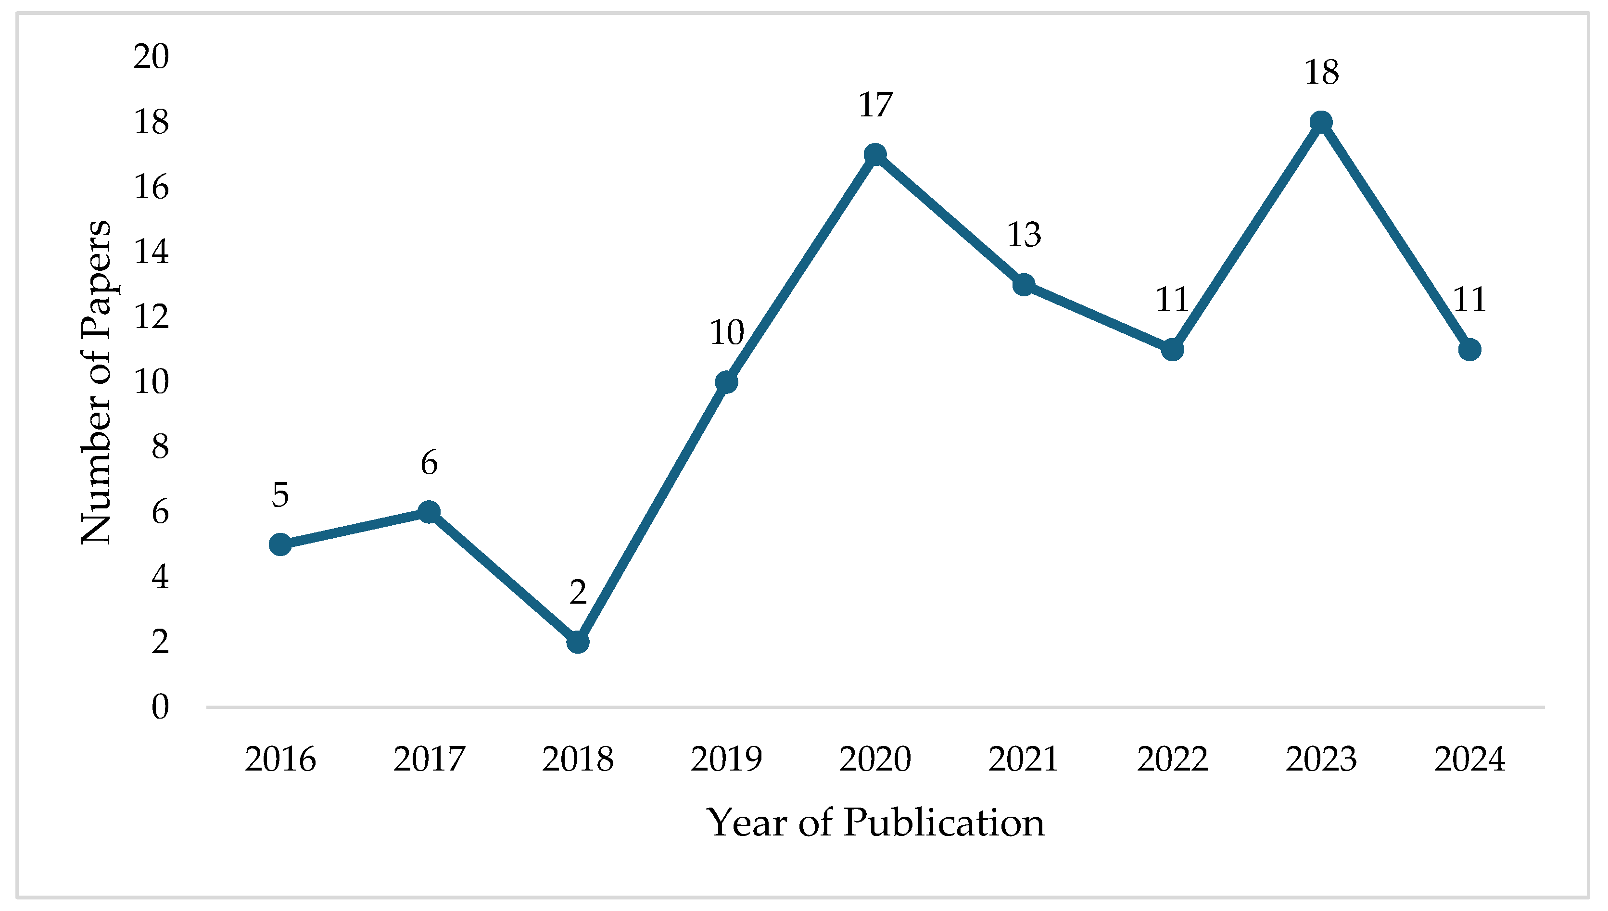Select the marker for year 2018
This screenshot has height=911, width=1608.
578,642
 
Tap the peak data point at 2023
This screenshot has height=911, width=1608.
1321,123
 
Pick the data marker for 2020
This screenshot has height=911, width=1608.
874,154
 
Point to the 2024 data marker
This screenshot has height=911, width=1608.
1469,350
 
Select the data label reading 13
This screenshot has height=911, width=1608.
1024,235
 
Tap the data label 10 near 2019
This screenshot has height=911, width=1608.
726,332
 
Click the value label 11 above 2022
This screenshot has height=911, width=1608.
1172,300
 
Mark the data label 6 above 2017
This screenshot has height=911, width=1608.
429,463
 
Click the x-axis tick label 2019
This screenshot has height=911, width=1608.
726,759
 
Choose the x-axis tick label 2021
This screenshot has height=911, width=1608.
1024,759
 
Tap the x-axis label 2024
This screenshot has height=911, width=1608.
1469,759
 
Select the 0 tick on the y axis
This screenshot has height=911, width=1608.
160,707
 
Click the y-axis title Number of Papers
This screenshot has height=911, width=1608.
96,382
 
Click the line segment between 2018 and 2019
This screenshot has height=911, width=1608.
652,512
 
